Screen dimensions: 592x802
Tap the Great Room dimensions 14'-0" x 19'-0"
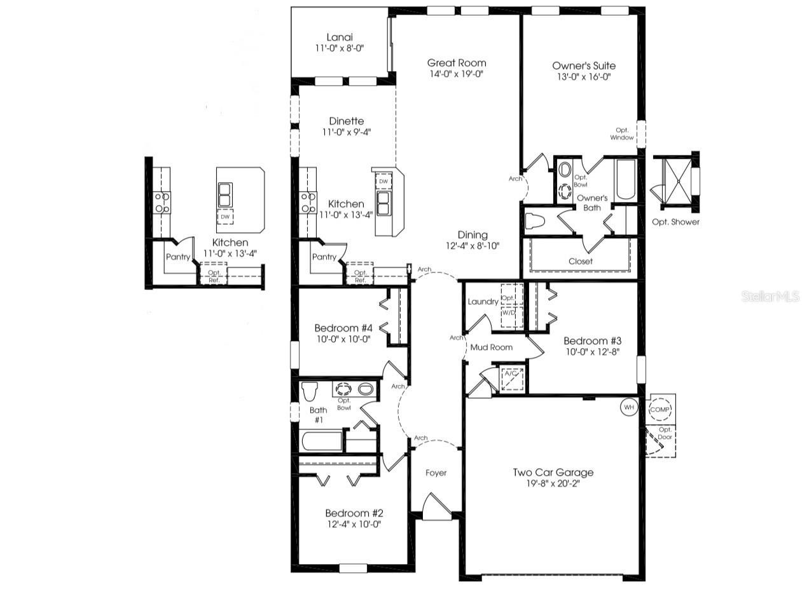[456, 74]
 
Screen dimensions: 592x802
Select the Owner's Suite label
[583, 65]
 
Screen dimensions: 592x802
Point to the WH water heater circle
[628, 407]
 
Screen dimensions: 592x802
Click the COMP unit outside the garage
[660, 410]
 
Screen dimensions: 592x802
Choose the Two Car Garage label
[553, 472]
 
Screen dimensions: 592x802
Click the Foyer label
[436, 473]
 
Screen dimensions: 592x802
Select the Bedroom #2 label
[354, 513]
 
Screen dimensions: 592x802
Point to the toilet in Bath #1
[310, 391]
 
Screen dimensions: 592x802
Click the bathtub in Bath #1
[321, 441]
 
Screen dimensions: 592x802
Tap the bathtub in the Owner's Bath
[626, 180]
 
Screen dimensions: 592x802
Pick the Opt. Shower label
[675, 222]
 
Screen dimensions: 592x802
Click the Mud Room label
[491, 347]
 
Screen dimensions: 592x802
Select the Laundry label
[483, 301]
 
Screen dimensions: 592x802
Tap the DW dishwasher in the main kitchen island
[383, 182]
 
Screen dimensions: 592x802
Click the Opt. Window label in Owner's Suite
[621, 133]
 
